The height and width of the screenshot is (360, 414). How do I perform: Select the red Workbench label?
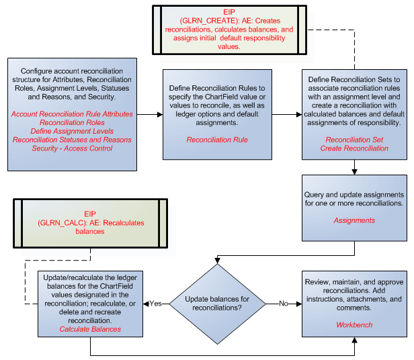pos(354,325)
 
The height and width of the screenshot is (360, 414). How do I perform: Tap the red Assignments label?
pos(354,220)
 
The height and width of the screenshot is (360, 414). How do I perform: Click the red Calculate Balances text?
pos(90,329)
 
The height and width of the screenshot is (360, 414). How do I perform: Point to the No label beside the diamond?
pos(283,303)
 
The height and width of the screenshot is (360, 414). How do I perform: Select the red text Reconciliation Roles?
pos(73,122)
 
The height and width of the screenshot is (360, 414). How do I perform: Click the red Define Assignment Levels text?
pos(73,131)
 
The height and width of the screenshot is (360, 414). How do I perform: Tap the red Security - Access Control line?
pos(73,148)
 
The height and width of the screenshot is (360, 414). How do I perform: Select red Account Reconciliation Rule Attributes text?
pos(73,114)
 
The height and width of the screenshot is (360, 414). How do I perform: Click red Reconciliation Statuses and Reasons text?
pos(73,139)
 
